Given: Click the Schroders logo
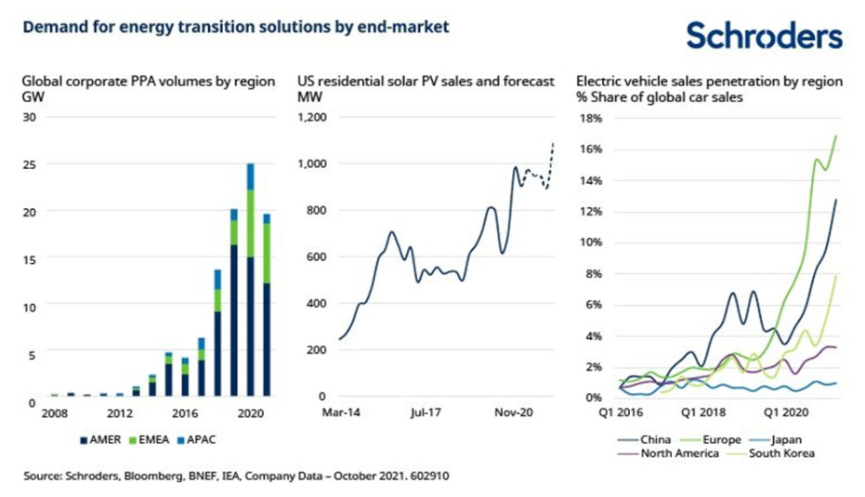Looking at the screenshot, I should click(x=765, y=36).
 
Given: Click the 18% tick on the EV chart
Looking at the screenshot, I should click(x=592, y=118).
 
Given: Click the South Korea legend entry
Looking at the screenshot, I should click(x=780, y=453).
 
